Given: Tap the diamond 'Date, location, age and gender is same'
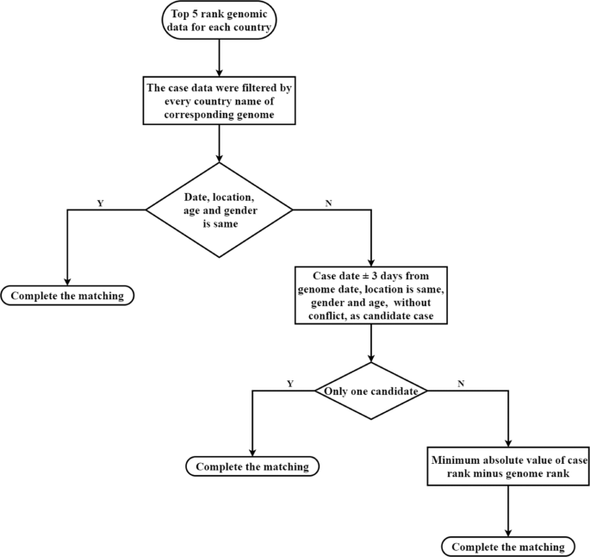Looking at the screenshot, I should click(220, 209).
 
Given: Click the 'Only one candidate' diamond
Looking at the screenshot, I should click(370, 391).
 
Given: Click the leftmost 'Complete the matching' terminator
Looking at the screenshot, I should click(68, 297).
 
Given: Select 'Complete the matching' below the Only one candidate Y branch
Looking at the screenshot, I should click(252, 467).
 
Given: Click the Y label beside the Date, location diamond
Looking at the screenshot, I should click(100, 203).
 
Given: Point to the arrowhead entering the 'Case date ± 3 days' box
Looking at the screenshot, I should click(370, 261).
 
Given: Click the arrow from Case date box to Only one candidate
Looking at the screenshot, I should click(370, 345).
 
